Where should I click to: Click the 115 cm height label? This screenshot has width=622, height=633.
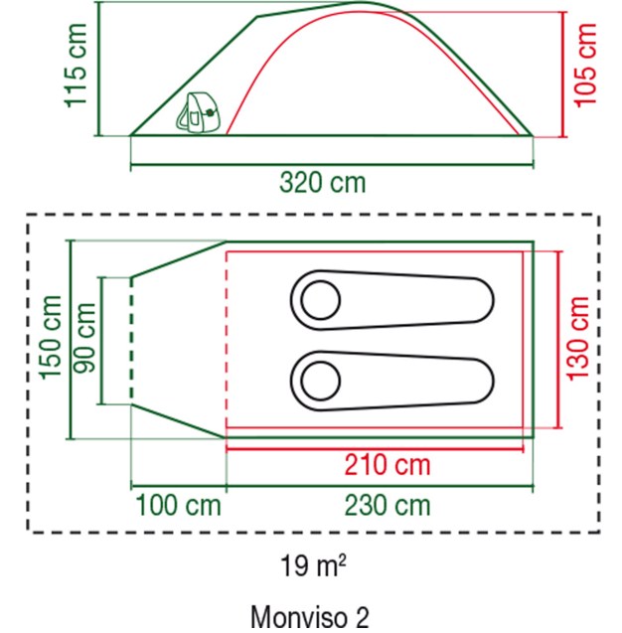[x=76, y=66]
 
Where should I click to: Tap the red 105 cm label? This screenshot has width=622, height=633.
[x=585, y=66]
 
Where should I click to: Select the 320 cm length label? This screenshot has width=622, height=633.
[x=323, y=183]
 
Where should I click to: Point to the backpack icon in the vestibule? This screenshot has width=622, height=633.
[x=199, y=112]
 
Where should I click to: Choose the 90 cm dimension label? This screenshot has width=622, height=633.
[x=84, y=338]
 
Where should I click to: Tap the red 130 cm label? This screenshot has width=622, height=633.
[x=578, y=338]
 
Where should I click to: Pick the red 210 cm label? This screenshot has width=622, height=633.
[x=388, y=465]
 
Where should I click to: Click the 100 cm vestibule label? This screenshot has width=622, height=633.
[x=179, y=506]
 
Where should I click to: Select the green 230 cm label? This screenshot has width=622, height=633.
[x=388, y=506]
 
